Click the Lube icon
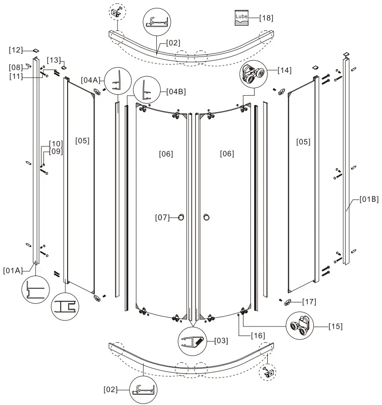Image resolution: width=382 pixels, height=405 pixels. (242, 18)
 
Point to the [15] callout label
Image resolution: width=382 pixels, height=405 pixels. (335, 326)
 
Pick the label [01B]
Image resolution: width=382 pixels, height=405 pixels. (369, 199)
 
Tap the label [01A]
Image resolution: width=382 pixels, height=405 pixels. (13, 270)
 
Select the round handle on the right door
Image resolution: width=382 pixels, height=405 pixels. (207, 217)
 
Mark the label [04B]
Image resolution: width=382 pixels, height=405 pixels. (176, 92)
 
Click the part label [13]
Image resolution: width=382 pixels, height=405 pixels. (54, 60)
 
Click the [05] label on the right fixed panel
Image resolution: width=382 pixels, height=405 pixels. (303, 142)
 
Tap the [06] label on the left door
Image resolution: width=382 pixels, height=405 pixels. (166, 154)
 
